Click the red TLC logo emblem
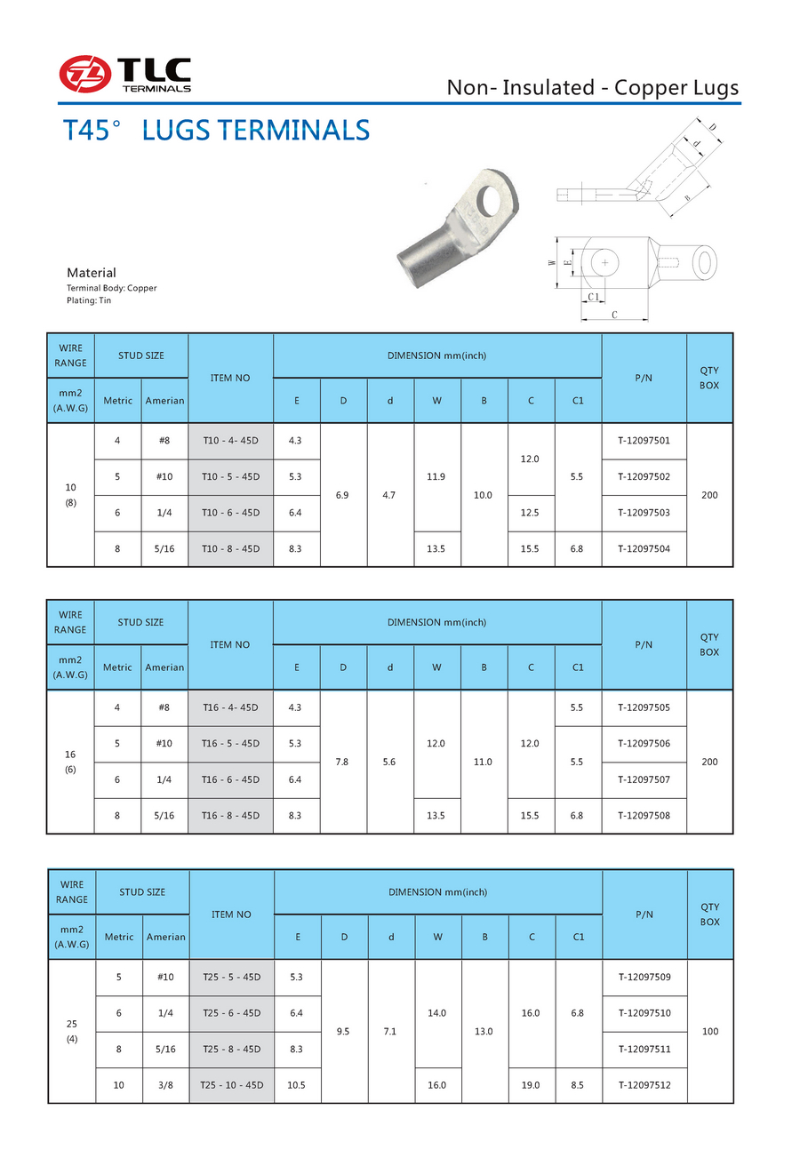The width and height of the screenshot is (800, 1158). (86, 74)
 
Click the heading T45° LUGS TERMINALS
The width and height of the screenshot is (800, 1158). (217, 131)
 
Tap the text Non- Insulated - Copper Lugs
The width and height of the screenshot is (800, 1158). (592, 87)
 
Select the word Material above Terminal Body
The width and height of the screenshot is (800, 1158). (92, 273)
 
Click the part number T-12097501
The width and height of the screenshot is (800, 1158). (644, 440)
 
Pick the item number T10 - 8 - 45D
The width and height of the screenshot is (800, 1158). (230, 548)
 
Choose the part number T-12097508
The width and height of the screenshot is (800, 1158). (644, 815)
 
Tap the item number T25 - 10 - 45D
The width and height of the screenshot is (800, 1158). (231, 1085)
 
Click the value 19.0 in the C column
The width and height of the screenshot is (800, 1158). (532, 1085)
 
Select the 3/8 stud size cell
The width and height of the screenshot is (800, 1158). (165, 1085)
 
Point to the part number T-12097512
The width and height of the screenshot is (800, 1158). (644, 1085)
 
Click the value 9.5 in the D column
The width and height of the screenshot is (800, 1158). (343, 1031)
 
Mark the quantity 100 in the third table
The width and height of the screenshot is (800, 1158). (709, 1031)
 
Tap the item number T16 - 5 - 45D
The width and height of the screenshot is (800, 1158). (230, 743)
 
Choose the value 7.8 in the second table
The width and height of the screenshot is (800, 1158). (343, 762)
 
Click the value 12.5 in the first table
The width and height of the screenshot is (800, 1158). (531, 512)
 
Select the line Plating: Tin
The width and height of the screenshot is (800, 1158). (89, 300)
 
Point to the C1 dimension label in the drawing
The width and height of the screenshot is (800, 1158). (594, 296)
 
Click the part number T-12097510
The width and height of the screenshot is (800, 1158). (644, 1013)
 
